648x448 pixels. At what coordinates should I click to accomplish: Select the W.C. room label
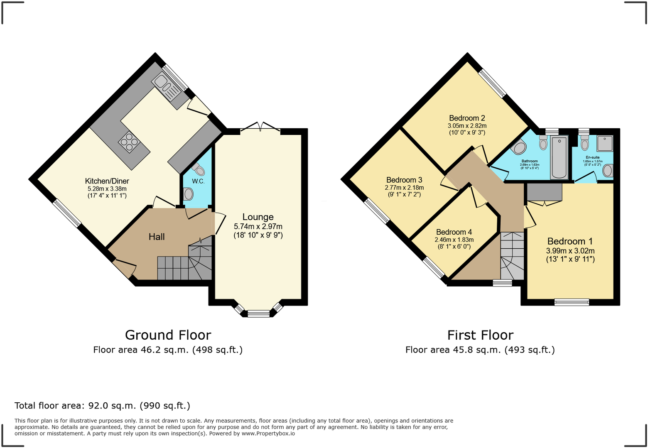pos(199,181)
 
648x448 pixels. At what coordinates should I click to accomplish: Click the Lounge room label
pos(258,217)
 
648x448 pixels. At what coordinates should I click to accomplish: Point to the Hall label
pos(157,237)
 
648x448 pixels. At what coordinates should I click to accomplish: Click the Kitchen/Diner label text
pos(107,181)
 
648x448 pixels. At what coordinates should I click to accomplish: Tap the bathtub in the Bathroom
pos(559,157)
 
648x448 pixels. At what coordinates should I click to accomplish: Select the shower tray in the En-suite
pos(605,144)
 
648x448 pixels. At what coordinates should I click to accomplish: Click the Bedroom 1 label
pos(570,241)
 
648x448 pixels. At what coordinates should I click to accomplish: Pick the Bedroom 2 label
pos(467,118)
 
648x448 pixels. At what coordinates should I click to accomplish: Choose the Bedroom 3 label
pos(404,180)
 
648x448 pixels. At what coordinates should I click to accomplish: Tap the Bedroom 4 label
pos(454,232)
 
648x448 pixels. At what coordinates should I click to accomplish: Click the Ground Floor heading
pos(168,335)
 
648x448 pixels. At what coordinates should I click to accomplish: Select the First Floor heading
pos(480,335)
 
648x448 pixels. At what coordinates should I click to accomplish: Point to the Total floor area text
pos(102,406)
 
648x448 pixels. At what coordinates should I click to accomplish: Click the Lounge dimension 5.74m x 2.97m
pos(258,227)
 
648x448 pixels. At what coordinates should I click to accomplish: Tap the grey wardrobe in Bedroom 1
pos(544,192)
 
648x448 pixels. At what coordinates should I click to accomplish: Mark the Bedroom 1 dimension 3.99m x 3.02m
pos(570,251)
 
